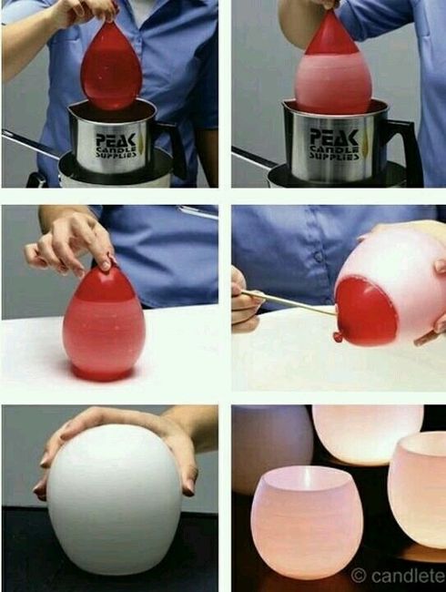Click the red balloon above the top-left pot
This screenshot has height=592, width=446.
pos(110,66)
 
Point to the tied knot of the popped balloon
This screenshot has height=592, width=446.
pos(339,338)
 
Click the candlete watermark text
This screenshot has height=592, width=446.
pos(406,576)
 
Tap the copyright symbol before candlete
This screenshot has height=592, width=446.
pos(360,576)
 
